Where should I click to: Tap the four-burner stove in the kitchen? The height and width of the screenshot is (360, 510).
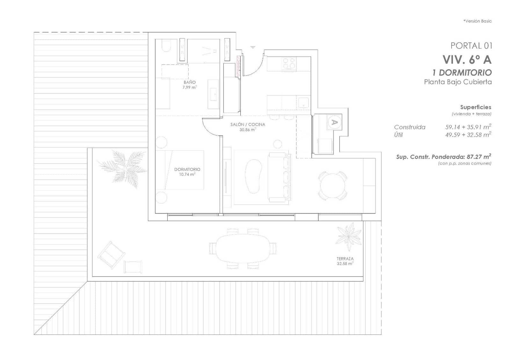point(289,64)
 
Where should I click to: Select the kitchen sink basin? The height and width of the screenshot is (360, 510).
point(303,102)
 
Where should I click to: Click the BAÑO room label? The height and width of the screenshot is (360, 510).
point(190,83)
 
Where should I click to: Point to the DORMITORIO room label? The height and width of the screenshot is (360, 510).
point(187,169)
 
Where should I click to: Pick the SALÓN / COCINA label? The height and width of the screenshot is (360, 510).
point(248,125)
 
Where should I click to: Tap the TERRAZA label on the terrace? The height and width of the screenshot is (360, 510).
point(345,259)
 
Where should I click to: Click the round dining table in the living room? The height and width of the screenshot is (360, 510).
point(332,186)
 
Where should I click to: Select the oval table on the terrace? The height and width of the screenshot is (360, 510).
point(243,248)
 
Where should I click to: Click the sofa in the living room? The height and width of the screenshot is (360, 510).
point(280,177)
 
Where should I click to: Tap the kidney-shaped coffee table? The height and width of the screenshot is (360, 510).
point(253,176)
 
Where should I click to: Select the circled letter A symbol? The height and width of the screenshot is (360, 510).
point(334,122)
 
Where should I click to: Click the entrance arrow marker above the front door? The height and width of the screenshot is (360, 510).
point(253,47)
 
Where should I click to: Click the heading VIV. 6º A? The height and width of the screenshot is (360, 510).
point(467,60)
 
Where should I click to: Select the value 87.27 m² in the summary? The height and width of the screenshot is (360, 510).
point(479,157)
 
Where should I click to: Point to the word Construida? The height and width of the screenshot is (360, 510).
point(410,127)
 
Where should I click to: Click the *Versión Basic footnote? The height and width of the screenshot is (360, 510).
point(477,21)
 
